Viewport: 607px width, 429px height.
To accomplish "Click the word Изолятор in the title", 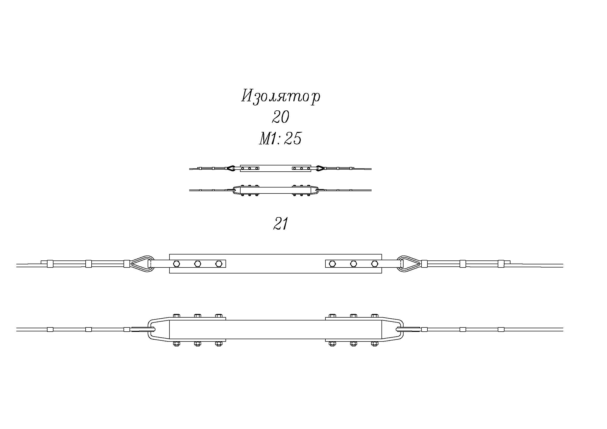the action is (x=281, y=97).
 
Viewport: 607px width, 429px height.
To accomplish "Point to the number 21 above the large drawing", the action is (x=280, y=224).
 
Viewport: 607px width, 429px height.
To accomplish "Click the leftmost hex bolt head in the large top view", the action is (x=177, y=264).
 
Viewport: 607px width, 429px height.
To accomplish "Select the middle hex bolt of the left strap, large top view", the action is (x=197, y=264).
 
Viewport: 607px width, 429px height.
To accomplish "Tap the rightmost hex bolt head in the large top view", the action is (x=374, y=264).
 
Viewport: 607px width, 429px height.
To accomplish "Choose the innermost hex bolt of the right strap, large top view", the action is (x=332, y=264).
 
